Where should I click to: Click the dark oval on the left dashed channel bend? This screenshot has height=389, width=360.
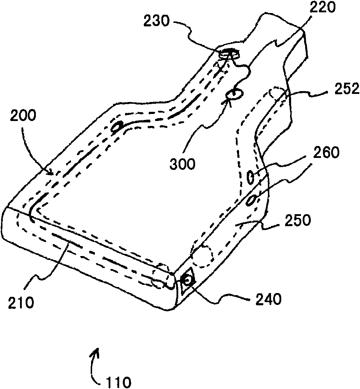[117, 127]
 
